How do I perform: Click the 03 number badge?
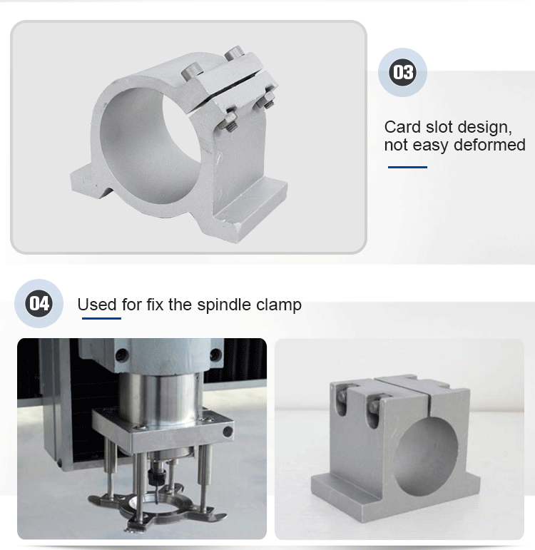point(402,72)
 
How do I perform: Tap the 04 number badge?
point(39,303)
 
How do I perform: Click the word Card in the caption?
point(402,127)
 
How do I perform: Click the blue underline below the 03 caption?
point(407,168)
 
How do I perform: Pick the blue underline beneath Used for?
point(101,318)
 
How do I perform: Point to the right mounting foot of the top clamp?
point(252,208)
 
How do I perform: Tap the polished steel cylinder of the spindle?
point(162,396)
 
